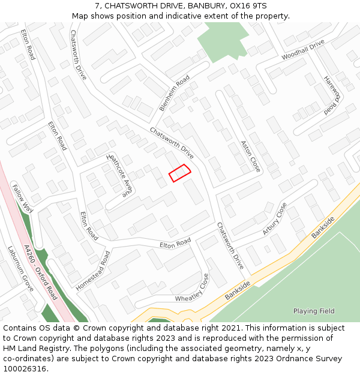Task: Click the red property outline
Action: tap(179, 172)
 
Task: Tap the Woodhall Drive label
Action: tap(303, 50)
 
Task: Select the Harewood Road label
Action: tap(332, 95)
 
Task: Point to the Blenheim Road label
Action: tap(175, 93)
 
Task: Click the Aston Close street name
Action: tap(251, 156)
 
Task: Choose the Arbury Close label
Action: tap(274, 218)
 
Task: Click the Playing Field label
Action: tap(314, 311)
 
